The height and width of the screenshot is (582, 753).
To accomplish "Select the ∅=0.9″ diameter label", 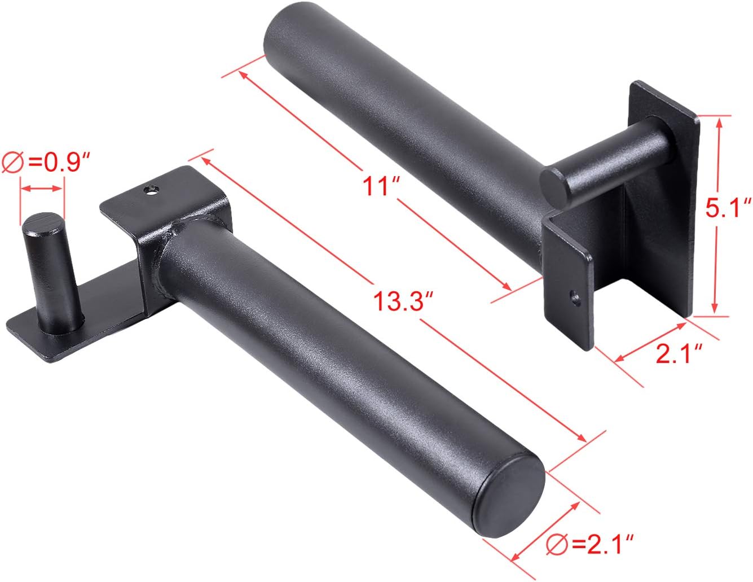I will (x=47, y=161).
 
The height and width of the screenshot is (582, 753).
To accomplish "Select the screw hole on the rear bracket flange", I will (x=574, y=297).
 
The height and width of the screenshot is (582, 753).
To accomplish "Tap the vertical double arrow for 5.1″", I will (x=717, y=215).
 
